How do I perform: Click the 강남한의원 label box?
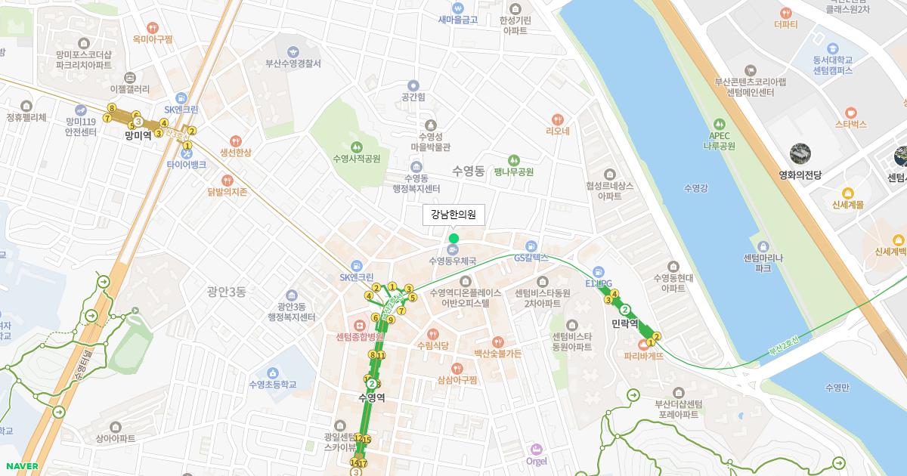453,215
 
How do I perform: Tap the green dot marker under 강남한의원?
453,239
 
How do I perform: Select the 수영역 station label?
371,397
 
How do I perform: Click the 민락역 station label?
625,323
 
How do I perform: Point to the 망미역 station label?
138,136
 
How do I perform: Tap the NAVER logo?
20,465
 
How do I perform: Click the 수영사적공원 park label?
356,159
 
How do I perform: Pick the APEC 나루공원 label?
719,141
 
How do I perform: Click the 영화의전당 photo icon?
800,155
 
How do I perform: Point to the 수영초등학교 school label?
272,385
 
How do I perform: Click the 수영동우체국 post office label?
452,261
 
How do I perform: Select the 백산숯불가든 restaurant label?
497,353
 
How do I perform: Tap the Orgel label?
536,461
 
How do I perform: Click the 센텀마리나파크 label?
763,262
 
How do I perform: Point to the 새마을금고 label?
457,20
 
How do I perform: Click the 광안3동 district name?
226,292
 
